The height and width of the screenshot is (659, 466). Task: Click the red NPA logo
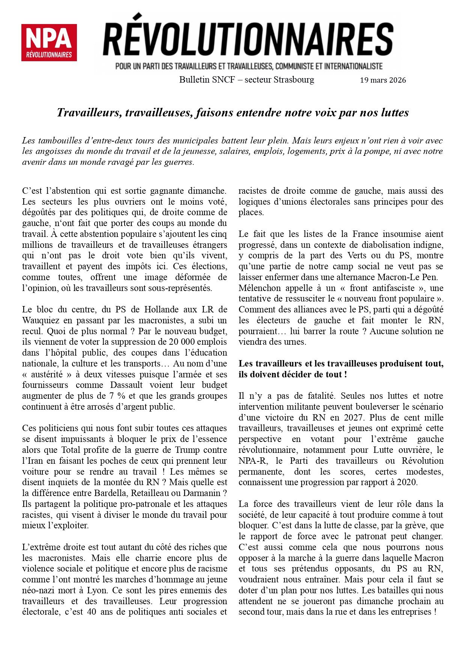coord(49,42)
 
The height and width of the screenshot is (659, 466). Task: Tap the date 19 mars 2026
coord(383,80)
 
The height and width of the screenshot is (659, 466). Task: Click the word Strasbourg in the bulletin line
coord(294,80)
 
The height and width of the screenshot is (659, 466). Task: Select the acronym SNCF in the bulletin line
coord(223,80)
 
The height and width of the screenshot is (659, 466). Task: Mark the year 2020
coord(406,482)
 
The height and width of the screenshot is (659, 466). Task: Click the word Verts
coord(356,255)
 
